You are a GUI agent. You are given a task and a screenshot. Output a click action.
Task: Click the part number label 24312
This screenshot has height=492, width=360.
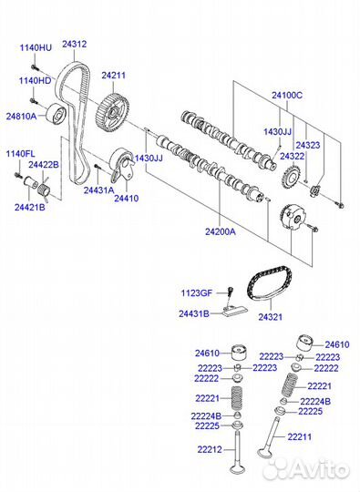tap(75, 44)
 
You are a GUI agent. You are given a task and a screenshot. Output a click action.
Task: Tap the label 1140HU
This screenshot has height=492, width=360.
tap(36, 47)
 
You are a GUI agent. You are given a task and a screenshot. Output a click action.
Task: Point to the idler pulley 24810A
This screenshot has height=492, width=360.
tap(57, 113)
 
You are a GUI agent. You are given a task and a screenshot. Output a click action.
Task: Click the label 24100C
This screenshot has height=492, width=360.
tap(287, 95)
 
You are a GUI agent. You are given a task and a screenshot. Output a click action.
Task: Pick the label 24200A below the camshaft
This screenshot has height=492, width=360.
tap(221, 231)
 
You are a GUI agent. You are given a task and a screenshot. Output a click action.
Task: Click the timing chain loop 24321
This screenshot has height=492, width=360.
tap(269, 283)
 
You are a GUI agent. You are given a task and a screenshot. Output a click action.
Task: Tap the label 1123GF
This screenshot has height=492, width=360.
tap(197, 293)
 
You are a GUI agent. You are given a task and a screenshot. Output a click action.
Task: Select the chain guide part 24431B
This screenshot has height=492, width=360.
tap(235, 313)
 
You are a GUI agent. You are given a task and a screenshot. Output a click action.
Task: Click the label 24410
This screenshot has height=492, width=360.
tap(126, 199)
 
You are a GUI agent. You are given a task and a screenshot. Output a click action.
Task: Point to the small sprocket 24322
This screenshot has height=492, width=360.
tap(292, 177)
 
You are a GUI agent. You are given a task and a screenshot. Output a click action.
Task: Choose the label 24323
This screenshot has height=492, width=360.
tap(308, 145)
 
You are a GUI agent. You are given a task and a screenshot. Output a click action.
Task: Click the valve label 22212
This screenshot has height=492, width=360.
tap(210, 449)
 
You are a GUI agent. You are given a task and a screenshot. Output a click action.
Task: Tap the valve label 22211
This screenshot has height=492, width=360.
tap(300, 436)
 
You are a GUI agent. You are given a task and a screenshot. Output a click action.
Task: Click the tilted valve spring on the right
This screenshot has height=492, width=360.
tap(290, 385)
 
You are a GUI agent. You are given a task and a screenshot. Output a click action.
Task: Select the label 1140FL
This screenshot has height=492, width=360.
tap(21, 154)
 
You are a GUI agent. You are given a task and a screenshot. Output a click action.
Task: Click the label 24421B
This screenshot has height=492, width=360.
tap(30, 207)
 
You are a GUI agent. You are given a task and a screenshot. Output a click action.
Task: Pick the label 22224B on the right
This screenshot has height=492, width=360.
tap(315, 401)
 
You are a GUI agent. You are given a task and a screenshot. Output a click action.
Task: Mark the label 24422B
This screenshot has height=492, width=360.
tap(44, 164)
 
